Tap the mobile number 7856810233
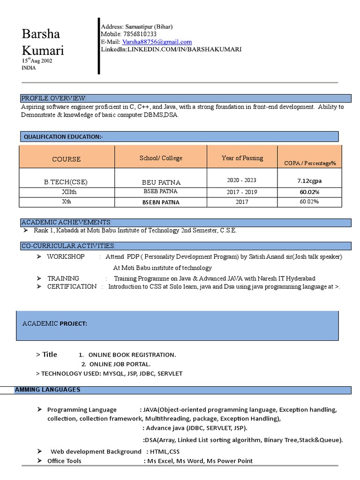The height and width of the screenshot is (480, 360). [139, 34]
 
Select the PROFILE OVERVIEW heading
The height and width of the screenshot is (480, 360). [53, 98]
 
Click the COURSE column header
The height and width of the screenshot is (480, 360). [67, 159]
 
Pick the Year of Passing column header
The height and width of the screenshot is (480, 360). [242, 158]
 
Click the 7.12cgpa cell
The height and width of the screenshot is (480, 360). [309, 180]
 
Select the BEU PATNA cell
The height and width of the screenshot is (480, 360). [161, 182]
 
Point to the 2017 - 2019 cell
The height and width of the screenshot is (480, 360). [242, 192]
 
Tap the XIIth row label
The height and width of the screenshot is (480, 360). [67, 192]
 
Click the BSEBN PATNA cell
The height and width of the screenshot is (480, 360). [161, 202]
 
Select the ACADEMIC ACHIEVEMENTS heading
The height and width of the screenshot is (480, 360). [66, 222]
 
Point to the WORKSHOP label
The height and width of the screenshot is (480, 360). [66, 257]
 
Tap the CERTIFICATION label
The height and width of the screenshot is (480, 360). [72, 286]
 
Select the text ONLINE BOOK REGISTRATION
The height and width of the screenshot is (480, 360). [132, 355]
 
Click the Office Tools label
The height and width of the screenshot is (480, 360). [64, 461]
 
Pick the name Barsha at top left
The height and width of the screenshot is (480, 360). [41, 34]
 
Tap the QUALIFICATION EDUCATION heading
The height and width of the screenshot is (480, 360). [63, 136]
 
